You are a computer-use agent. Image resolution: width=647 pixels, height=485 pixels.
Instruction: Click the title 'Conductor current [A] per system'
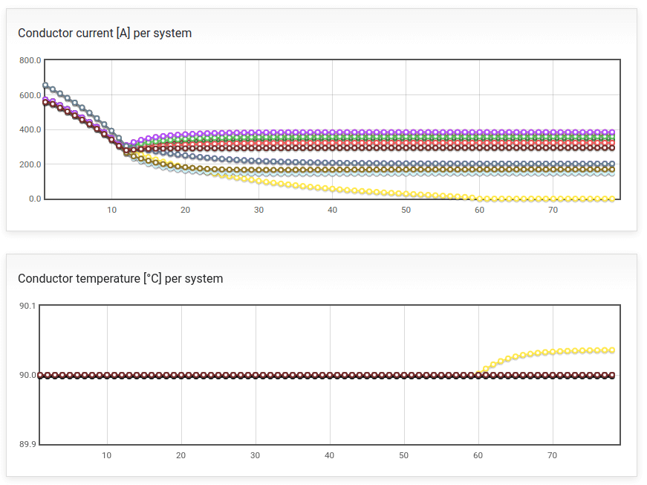click(x=105, y=33)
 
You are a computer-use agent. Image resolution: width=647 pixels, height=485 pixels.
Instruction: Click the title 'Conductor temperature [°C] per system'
click(x=120, y=278)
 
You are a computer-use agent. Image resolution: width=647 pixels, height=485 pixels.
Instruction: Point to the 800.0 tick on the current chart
click(x=30, y=60)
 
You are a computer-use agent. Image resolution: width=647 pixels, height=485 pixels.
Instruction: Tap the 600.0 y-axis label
click(x=30, y=95)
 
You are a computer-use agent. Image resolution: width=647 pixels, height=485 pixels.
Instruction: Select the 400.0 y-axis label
click(x=30, y=129)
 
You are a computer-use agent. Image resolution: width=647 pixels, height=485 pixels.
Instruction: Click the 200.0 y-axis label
click(x=30, y=164)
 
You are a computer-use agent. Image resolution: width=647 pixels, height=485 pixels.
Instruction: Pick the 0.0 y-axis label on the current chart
click(x=35, y=199)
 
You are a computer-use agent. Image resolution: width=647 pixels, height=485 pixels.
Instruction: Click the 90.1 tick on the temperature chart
click(x=27, y=306)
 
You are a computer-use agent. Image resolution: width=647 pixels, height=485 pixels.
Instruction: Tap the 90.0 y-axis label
click(x=27, y=375)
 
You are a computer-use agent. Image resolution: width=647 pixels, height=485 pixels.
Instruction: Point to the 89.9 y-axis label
click(x=27, y=444)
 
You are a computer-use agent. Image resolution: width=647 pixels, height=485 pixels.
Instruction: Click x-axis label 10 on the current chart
click(x=111, y=210)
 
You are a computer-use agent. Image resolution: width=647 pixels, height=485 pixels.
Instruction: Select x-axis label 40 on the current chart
click(x=332, y=210)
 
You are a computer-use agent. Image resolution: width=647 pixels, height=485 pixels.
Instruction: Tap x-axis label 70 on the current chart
click(x=553, y=210)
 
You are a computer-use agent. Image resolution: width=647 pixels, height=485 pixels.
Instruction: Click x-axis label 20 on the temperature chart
click(x=181, y=455)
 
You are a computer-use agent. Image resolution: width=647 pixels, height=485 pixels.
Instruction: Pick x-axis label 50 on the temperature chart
click(x=403, y=455)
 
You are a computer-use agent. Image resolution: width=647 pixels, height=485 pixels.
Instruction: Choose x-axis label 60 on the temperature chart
click(x=478, y=455)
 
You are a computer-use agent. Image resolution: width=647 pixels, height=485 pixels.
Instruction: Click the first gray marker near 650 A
click(x=45, y=86)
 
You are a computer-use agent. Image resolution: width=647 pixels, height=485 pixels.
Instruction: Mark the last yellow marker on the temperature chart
click(x=612, y=350)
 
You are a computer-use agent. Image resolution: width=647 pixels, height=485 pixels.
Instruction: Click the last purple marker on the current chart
click(x=612, y=132)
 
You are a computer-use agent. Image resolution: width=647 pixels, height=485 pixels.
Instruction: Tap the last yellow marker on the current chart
click(x=612, y=199)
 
